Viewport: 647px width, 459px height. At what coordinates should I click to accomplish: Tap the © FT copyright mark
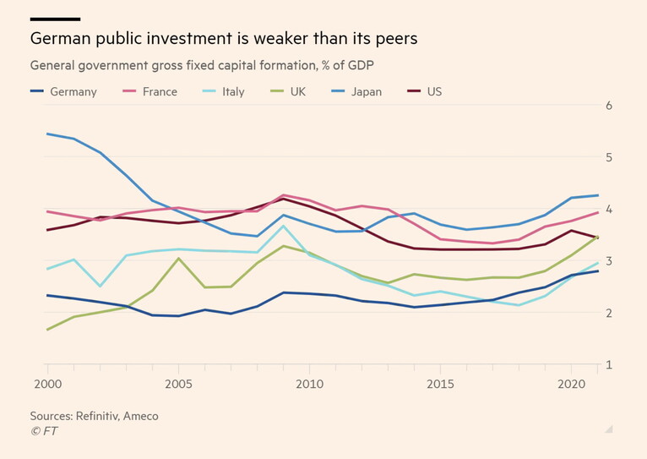tap(44, 431)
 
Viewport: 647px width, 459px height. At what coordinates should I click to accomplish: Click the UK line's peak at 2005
tap(178, 259)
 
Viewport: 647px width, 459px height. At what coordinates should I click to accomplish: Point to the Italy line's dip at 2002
tap(100, 286)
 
